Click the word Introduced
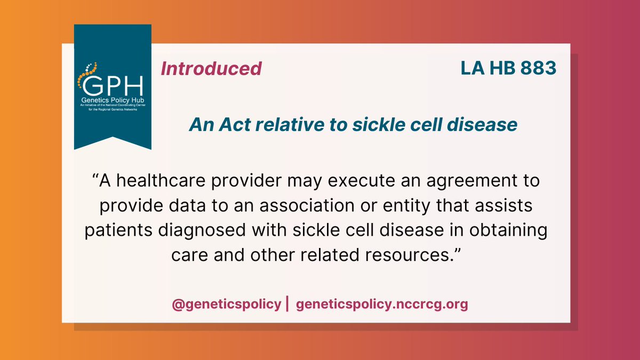[x=211, y=69]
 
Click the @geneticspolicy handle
[x=227, y=305]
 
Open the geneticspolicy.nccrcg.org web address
[x=381, y=305]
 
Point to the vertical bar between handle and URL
[x=288, y=305]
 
